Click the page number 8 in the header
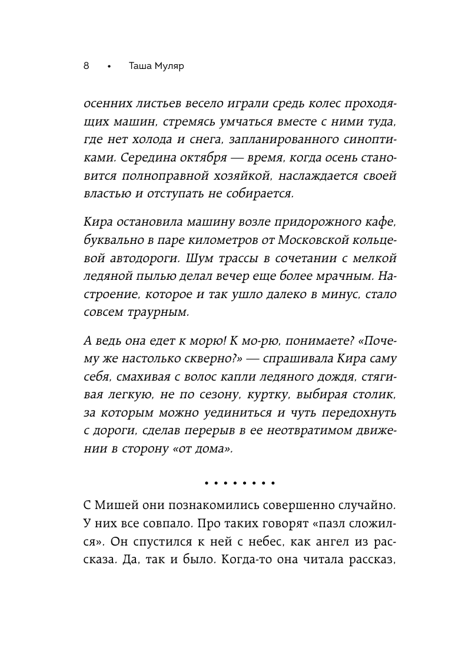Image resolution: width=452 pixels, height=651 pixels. pos(86,66)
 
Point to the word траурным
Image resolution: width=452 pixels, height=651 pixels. pos(155,311)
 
